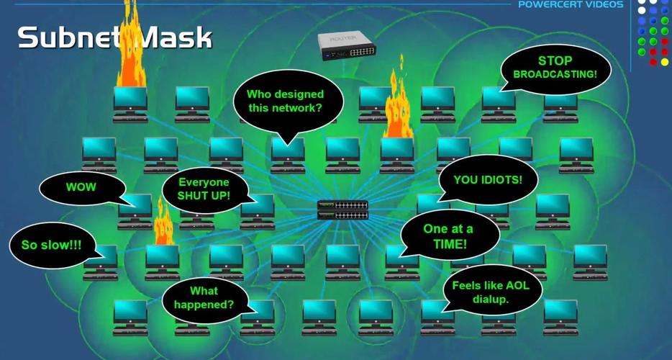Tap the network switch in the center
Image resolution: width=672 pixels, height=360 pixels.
(342, 210)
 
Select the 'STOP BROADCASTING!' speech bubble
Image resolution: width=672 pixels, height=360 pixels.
(555, 68)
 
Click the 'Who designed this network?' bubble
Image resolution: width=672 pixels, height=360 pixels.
(285, 102)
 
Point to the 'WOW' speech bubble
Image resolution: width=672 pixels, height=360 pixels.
(81, 187)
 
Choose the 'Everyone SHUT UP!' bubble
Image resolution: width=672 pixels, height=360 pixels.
(204, 189)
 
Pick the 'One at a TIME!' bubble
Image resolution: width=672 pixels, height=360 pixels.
(449, 236)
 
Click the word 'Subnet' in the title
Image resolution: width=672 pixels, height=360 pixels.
(68, 37)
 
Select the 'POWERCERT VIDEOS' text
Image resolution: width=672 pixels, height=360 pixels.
(571, 5)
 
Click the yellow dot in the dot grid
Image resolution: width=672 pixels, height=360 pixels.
(664, 62)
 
